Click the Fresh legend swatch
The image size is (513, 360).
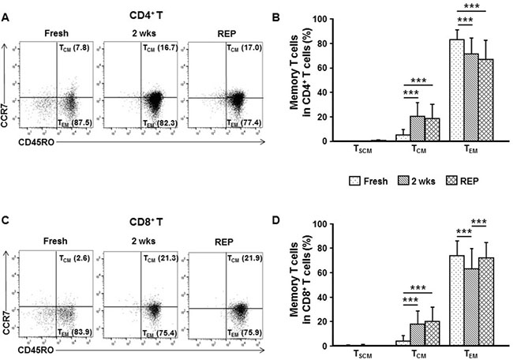342,180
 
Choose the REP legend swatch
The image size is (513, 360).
443,180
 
